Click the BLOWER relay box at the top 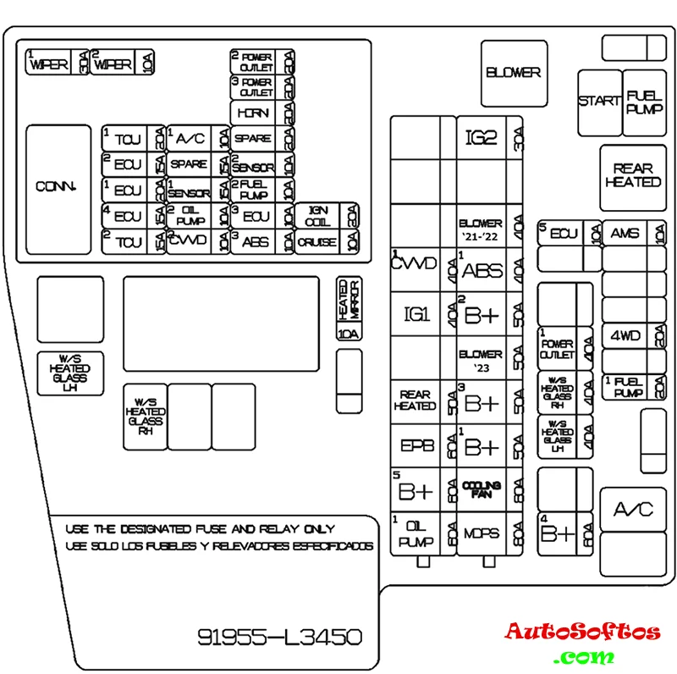coord(513,73)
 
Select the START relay coord(599,102)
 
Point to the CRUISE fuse coord(317,242)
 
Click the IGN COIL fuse coord(317,216)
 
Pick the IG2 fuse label coord(481,137)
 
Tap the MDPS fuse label coord(481,534)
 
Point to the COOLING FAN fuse coord(481,489)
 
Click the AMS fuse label coord(625,234)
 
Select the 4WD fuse coord(625,336)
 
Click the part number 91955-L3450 coord(280,636)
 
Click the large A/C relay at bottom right coord(633,510)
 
